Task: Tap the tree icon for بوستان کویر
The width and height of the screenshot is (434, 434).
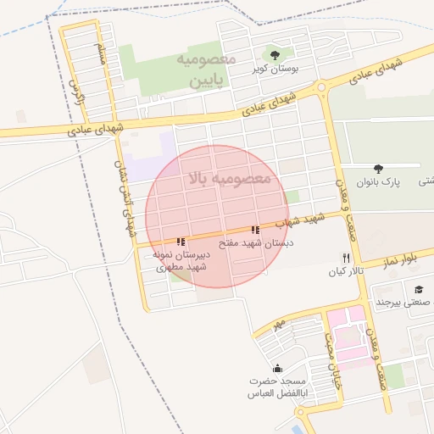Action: [x=273, y=54]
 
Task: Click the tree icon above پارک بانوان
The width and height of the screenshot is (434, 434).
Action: [x=378, y=169]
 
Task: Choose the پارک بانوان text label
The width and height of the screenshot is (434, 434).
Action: [x=378, y=181]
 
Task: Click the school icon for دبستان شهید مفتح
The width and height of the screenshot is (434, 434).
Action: [x=255, y=230]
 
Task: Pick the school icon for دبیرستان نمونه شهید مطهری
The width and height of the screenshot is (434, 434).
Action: [x=181, y=242]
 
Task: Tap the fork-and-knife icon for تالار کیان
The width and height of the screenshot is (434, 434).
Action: [x=346, y=258]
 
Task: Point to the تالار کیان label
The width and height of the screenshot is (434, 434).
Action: [x=346, y=271]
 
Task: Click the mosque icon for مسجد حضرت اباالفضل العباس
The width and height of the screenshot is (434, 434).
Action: [x=278, y=368]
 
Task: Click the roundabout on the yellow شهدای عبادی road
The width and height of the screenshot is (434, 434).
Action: [x=320, y=86]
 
